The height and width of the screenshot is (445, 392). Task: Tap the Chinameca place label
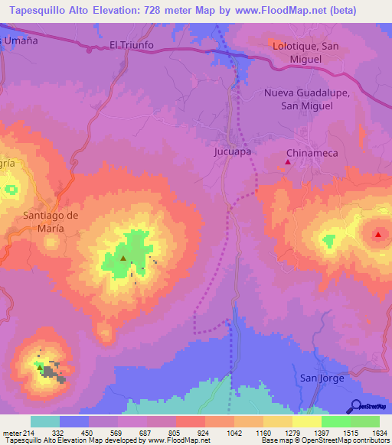point(312,153)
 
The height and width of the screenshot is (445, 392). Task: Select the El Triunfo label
point(132,45)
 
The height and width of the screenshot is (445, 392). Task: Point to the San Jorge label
point(322,378)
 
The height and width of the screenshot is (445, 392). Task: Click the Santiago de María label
point(51,222)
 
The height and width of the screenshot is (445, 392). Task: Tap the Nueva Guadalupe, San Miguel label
point(307,99)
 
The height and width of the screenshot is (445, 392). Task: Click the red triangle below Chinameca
point(288,162)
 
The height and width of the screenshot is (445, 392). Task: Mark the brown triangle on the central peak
point(122,258)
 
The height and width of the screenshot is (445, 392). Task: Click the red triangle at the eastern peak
point(378,234)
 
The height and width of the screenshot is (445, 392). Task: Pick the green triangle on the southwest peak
point(40,367)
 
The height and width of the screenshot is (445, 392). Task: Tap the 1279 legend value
point(281,434)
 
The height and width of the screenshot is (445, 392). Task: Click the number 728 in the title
point(155,8)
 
